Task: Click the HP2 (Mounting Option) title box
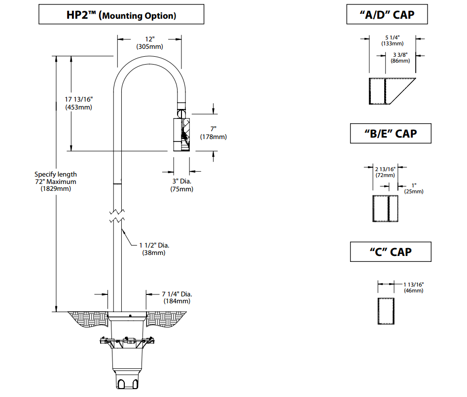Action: point(121,15)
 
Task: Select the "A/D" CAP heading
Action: point(387,15)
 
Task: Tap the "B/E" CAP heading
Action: point(390,133)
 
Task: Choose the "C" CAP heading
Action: point(391,252)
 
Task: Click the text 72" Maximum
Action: point(56,181)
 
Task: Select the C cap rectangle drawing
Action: point(386,311)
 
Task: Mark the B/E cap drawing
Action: point(385,209)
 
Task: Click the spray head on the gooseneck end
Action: point(181,134)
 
